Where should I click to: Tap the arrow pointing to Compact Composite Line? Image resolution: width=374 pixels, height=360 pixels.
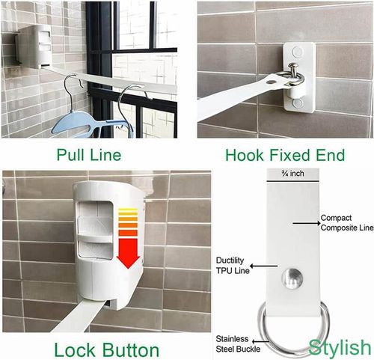(x=304, y=222)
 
